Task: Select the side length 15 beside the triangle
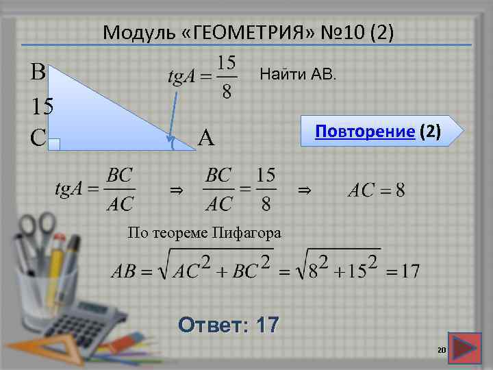tap(43, 106)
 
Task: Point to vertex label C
tap(38, 138)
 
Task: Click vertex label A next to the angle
tap(206, 140)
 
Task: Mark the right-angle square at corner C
tap(55, 143)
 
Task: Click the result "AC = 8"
tap(376, 190)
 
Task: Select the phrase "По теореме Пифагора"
tap(204, 233)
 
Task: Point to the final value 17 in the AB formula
tap(409, 271)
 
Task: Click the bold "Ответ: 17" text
tap(227, 324)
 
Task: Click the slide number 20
tap(441, 351)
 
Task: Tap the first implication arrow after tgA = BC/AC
tap(176, 190)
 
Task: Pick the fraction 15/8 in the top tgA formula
tap(227, 77)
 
